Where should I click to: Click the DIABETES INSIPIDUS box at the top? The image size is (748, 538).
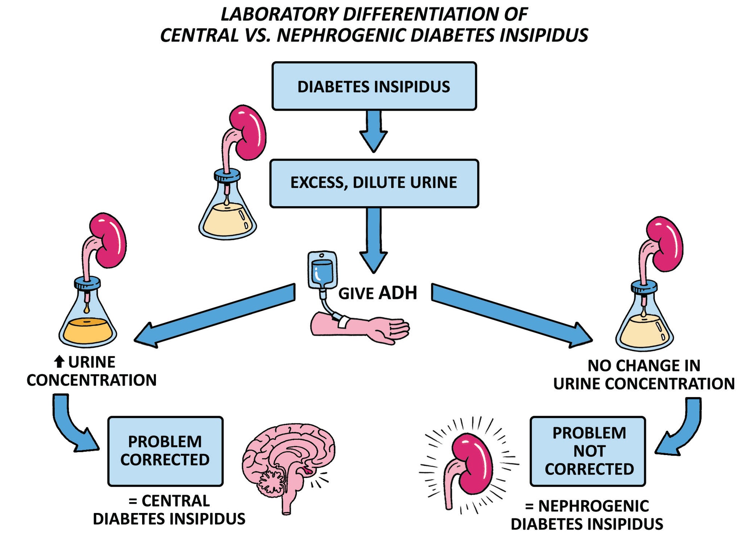(x=374, y=86)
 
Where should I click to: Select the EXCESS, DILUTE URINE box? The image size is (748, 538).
(x=374, y=183)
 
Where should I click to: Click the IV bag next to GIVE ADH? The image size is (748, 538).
(x=322, y=270)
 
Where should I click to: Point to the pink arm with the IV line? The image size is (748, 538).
(x=359, y=327)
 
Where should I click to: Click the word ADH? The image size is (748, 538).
(x=398, y=293)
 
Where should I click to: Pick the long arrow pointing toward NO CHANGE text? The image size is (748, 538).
(x=512, y=316)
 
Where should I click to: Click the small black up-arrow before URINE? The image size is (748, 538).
(x=59, y=362)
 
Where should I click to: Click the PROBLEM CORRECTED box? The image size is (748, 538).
(x=165, y=451)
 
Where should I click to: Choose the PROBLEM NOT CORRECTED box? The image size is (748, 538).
(x=588, y=451)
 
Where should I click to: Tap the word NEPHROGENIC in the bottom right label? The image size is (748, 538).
(x=594, y=506)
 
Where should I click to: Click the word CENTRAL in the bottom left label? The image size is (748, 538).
(x=176, y=501)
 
